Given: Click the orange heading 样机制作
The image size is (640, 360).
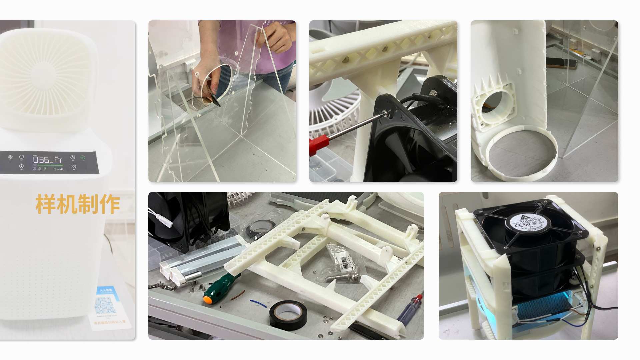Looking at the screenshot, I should (77, 204).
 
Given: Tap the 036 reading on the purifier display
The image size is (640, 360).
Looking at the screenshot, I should (41, 160).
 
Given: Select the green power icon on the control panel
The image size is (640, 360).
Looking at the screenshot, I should (83, 157).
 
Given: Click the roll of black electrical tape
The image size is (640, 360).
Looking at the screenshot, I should (288, 315).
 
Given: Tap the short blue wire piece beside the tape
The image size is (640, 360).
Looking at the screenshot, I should (258, 303).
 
